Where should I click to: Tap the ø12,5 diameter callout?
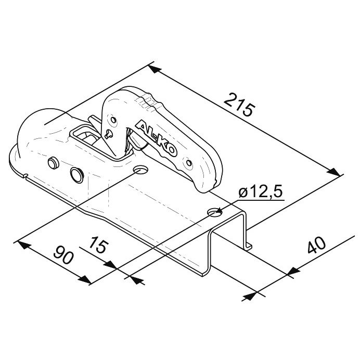point(260,192)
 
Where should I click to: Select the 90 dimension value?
point(63,254)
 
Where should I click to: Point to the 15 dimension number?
point(98,245)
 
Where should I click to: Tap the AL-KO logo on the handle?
point(156,138)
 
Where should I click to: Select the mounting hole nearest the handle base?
point(141,170)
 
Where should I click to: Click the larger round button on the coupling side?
point(77,175)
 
